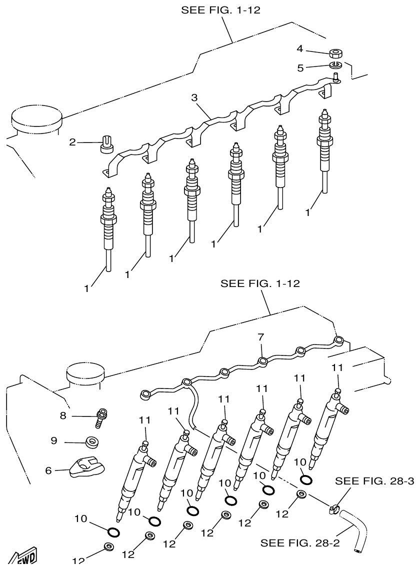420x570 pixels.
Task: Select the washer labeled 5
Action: pos(335,64)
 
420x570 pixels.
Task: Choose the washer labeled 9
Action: pos(92,442)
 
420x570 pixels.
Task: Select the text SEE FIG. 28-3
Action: pos(374,481)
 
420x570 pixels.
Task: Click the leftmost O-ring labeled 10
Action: pos(113,529)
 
